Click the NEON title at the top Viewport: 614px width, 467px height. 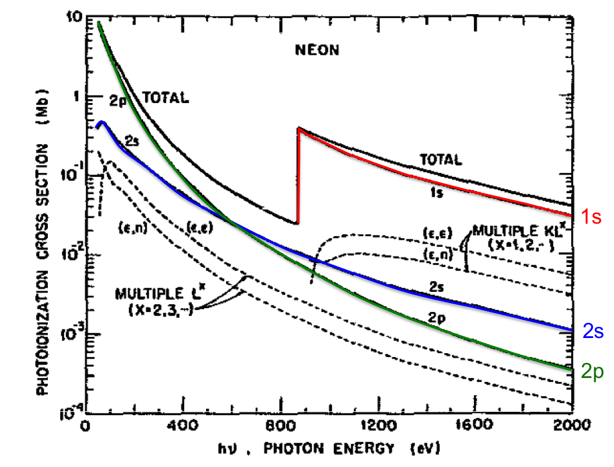point(317,51)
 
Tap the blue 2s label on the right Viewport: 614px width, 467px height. point(593,332)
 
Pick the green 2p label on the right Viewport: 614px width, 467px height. point(594,372)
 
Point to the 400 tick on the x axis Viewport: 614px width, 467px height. point(186,424)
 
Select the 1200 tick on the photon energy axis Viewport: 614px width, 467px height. point(381,424)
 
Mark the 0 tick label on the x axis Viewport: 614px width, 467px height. point(85,424)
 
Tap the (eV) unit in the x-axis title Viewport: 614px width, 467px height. point(425,449)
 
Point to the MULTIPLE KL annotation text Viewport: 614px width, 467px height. point(514,231)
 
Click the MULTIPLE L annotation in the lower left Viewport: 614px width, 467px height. point(151,293)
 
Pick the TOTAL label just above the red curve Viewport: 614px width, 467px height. point(441,160)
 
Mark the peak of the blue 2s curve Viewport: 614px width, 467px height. point(101,121)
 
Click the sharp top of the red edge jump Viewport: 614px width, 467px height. point(299,128)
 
